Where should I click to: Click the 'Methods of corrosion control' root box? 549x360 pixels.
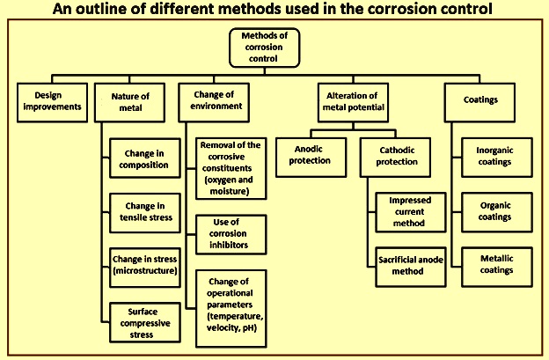click(x=264, y=48)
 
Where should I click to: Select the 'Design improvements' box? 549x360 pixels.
click(x=52, y=103)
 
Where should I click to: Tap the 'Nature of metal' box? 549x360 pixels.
click(x=130, y=103)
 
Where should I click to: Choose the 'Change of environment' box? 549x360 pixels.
click(x=214, y=103)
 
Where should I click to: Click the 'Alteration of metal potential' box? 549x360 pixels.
click(x=354, y=103)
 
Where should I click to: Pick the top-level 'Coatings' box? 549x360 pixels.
click(x=479, y=103)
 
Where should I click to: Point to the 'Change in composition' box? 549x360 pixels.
click(x=145, y=158)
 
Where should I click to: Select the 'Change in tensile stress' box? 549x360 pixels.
click(x=145, y=213)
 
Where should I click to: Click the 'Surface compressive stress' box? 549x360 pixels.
click(x=145, y=322)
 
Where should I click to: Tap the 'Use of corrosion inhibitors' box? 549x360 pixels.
click(x=231, y=234)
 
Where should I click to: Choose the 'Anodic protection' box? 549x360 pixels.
click(x=311, y=158)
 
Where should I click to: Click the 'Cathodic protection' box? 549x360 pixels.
click(x=395, y=158)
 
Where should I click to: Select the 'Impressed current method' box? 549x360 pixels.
click(x=411, y=212)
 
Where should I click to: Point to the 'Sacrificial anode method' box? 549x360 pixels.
click(x=411, y=267)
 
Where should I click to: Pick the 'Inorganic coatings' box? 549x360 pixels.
click(x=497, y=158)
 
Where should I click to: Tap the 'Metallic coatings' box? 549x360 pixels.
click(x=497, y=267)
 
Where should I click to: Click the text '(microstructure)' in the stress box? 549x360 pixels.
click(x=145, y=271)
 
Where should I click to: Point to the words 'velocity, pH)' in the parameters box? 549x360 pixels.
click(x=231, y=327)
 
